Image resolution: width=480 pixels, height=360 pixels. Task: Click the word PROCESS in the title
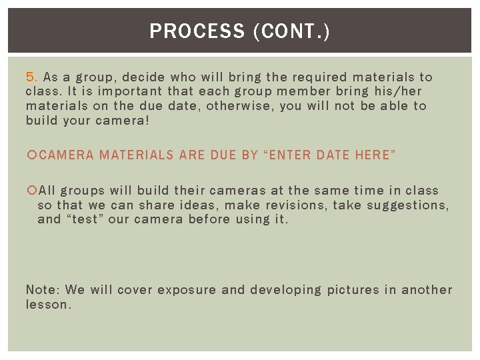pyautogui.click(x=197, y=31)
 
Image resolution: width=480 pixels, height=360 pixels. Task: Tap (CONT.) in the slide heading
pyautogui.click(x=291, y=31)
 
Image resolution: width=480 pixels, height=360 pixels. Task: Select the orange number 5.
pyautogui.click(x=32, y=77)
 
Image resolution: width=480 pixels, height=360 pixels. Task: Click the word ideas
pyautogui.click(x=200, y=205)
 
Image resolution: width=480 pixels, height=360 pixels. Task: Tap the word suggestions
pyautogui.click(x=409, y=205)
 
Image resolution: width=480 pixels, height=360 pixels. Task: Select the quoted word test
pyautogui.click(x=85, y=219)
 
